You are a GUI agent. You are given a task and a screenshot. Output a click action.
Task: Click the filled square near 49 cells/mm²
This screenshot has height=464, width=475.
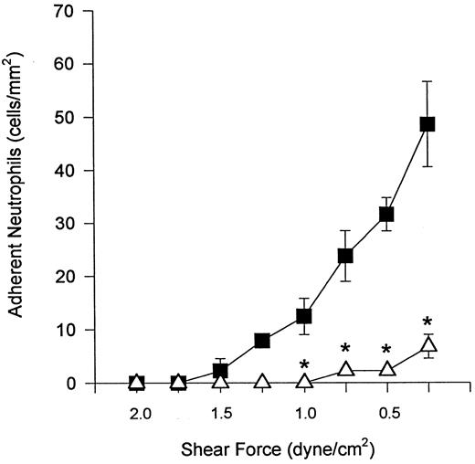coord(427,124)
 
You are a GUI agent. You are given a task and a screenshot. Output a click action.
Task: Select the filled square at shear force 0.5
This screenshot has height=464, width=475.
coord(386,214)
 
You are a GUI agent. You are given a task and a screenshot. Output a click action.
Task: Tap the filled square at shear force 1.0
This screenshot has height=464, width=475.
coord(304,316)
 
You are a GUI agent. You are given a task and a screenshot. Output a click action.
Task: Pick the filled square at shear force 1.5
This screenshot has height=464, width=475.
coord(220,371)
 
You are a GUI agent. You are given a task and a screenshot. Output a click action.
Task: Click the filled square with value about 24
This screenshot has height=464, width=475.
coord(345,256)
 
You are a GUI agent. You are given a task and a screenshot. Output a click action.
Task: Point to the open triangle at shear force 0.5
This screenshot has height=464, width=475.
coord(386,369)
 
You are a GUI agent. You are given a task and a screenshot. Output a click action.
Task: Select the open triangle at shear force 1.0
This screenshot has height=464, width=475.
coord(304,382)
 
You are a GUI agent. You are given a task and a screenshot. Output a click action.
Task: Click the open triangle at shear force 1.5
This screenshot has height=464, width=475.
coord(220,382)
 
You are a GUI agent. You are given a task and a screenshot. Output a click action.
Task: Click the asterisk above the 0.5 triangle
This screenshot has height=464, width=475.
coord(386,352)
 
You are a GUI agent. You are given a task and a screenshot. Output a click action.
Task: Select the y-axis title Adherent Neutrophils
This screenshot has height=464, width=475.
coord(17,196)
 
